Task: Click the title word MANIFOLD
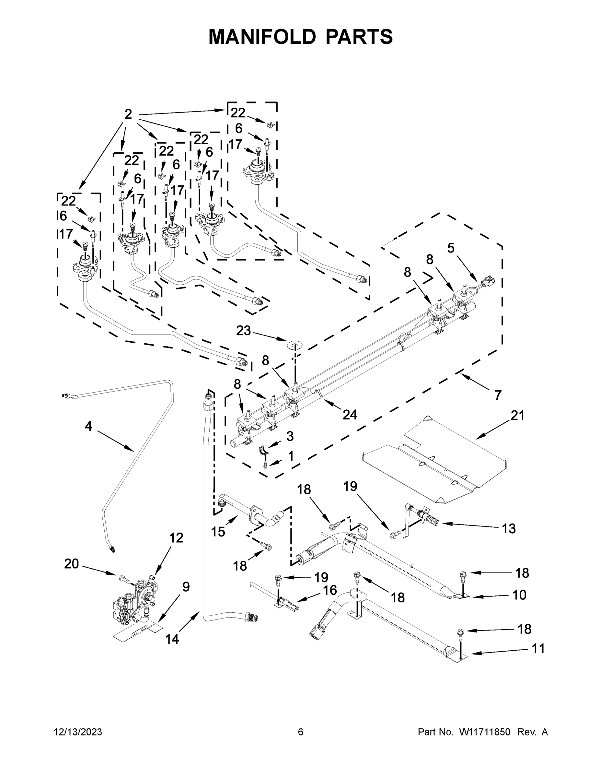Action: (262, 37)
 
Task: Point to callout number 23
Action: (244, 331)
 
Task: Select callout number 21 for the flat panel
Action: (517, 415)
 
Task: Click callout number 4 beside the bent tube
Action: (88, 426)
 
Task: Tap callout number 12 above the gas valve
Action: (176, 537)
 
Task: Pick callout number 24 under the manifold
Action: (350, 414)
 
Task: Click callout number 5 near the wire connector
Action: (451, 248)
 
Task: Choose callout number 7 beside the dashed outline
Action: (498, 395)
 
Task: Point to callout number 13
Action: (508, 529)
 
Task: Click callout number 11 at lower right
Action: (538, 649)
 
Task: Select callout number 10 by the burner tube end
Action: (519, 595)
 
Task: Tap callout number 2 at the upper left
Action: (128, 114)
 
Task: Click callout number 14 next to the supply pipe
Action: (172, 640)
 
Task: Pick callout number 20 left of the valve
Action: (71, 564)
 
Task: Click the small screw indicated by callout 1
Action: (265, 465)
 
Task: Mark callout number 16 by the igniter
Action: (330, 590)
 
